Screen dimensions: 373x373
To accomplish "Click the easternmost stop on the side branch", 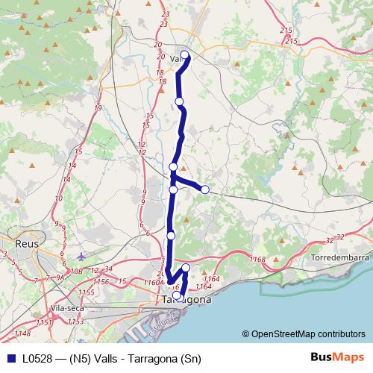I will click(x=205, y=189).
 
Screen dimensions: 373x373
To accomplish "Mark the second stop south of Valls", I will click(x=173, y=167).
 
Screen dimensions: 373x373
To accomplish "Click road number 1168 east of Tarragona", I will click(x=258, y=259).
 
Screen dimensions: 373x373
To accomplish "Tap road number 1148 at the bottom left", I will click(x=22, y=333).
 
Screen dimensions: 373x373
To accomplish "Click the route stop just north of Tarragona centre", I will click(x=186, y=268).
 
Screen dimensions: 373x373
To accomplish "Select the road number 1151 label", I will click(x=45, y=322).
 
